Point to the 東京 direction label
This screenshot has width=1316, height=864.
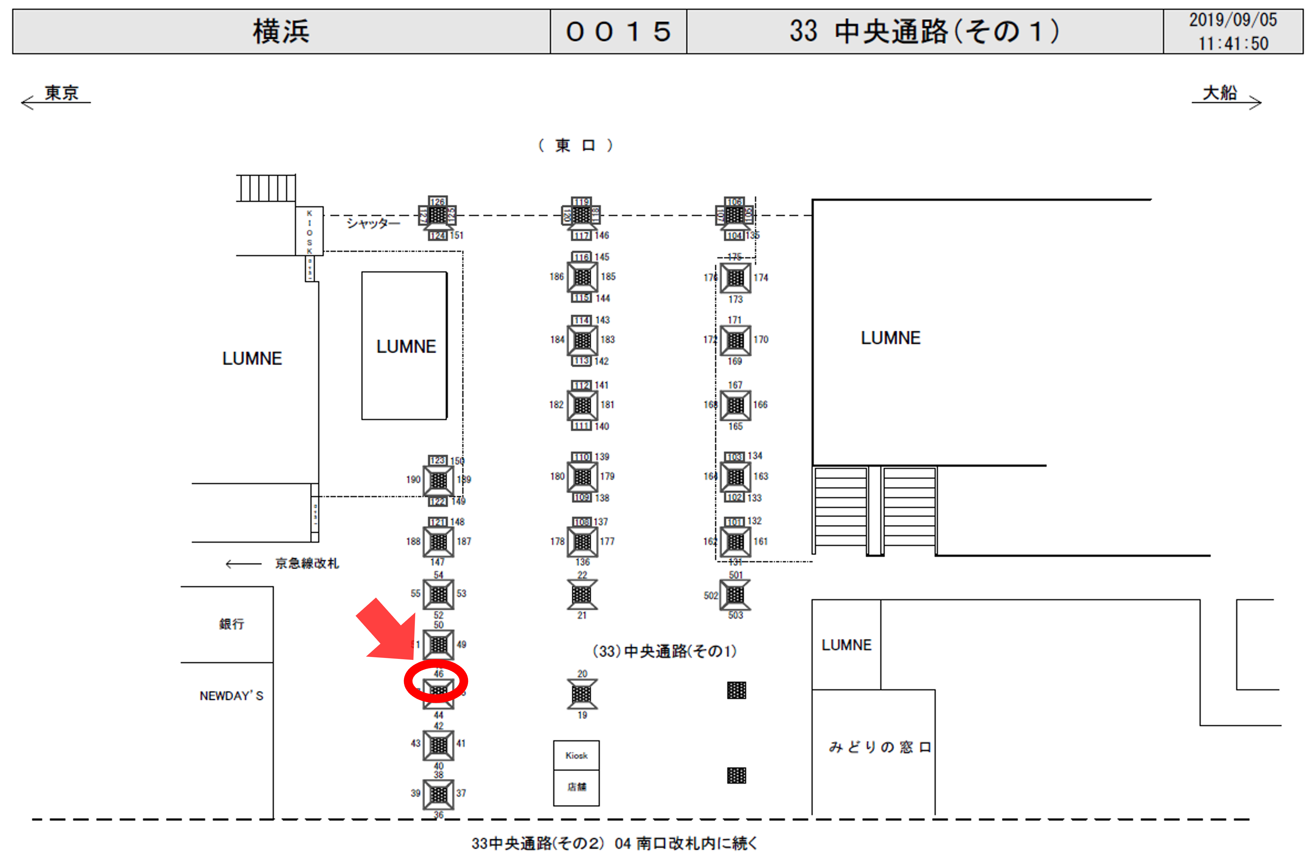coord(62,93)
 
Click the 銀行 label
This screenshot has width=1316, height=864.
coord(231,624)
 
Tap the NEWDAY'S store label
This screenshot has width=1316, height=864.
coord(231,696)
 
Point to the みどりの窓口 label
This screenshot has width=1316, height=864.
coord(879,747)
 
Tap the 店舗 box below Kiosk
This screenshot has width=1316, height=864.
coord(576,786)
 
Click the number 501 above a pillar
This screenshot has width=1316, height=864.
coord(736,575)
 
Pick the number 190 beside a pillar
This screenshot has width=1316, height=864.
coord(413,479)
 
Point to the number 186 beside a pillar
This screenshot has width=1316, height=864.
coord(556,277)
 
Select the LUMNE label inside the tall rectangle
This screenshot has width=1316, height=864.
coord(406,347)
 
